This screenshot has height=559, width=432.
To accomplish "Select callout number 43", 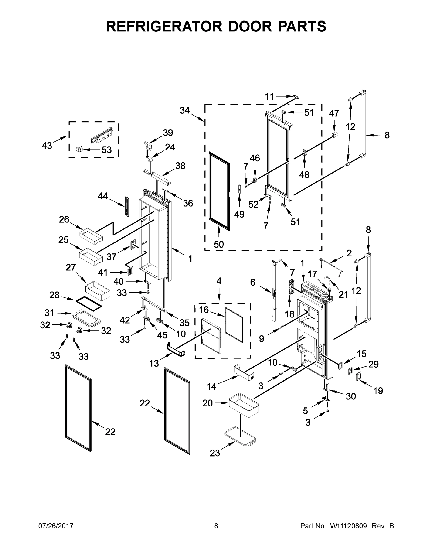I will pyautogui.click(x=47, y=146).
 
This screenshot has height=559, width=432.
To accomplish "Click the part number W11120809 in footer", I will pyautogui.click(x=348, y=526).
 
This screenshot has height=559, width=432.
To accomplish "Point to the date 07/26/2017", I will pyautogui.click(x=56, y=526).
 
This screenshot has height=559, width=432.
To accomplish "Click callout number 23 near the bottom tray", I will pyautogui.click(x=215, y=453).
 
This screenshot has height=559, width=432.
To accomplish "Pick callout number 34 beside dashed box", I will pyautogui.click(x=184, y=110).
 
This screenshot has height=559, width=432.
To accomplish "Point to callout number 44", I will pyautogui.click(x=103, y=196).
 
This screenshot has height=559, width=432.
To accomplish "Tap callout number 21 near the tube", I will pyautogui.click(x=343, y=295).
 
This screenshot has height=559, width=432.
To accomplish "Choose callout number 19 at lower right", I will pyautogui.click(x=378, y=391).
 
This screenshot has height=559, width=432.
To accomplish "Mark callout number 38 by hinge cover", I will pyautogui.click(x=180, y=166).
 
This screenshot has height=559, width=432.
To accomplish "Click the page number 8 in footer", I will pyautogui.click(x=216, y=526).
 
